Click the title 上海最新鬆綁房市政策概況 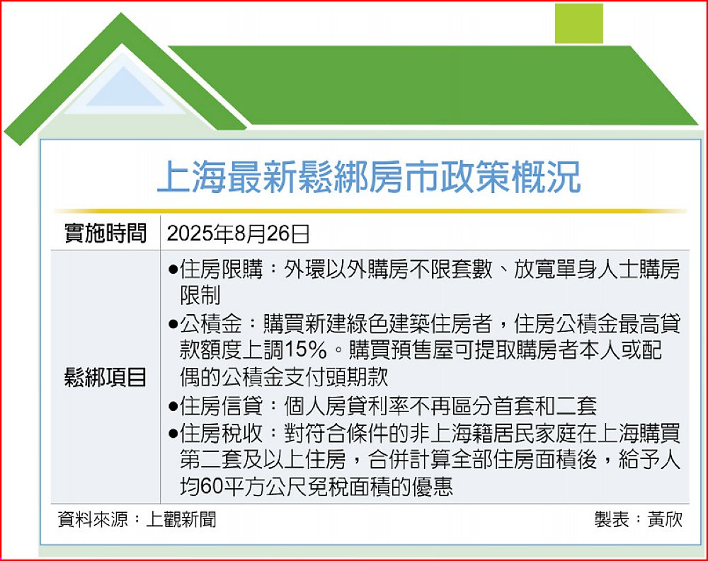[x=368, y=177]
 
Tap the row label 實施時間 [x=105, y=233]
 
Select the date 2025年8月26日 [x=238, y=233]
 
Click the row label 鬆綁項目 [x=105, y=377]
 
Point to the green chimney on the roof [x=579, y=23]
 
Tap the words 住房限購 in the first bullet [x=221, y=270]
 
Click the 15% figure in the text [x=306, y=350]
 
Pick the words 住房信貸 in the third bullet [x=221, y=406]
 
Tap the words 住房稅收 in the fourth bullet [x=221, y=433]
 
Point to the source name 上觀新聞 [x=181, y=519]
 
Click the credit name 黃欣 [x=665, y=519]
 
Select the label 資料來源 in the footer [x=93, y=519]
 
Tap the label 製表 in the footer [x=612, y=519]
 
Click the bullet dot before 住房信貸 [x=173, y=406]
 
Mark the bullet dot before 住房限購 [x=173, y=271]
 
